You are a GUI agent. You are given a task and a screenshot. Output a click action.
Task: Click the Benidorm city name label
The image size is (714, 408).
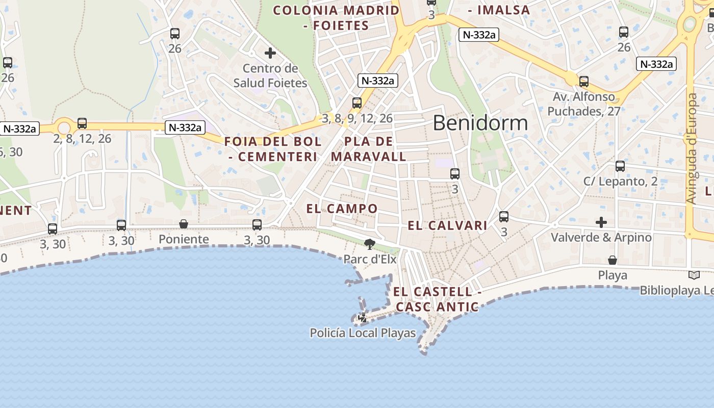(x=480, y=123)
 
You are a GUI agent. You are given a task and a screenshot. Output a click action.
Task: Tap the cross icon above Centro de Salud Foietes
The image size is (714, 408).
(x=270, y=53)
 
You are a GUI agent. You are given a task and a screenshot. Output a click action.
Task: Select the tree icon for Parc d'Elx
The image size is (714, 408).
(x=370, y=244)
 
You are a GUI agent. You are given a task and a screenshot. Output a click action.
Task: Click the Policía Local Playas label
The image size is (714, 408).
(x=363, y=333)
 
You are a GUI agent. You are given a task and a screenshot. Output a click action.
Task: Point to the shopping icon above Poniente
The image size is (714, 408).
(x=184, y=224)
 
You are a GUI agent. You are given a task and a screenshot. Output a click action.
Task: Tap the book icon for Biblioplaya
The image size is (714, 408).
(x=694, y=275)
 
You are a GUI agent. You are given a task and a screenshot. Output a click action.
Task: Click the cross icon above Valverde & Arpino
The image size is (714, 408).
(x=601, y=222)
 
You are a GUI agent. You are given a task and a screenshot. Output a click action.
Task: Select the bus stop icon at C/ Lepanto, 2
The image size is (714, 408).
(x=620, y=166)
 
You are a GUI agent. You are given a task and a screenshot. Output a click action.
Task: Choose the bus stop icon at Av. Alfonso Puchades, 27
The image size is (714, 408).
(x=584, y=82)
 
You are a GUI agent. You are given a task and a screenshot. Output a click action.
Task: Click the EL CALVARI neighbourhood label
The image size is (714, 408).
(x=447, y=225)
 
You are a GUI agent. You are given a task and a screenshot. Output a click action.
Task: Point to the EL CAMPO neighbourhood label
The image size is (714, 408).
(x=342, y=209)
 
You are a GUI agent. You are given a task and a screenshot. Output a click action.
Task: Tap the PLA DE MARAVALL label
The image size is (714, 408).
(x=369, y=149)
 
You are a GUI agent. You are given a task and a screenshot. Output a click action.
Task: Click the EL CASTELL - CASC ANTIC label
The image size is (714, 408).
(x=437, y=299)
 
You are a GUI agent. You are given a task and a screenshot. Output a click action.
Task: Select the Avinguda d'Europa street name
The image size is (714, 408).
(x=692, y=148)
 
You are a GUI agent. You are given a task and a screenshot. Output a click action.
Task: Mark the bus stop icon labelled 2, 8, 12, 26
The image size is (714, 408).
(x=82, y=123)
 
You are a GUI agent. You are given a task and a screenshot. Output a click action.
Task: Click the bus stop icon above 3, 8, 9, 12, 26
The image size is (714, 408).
(x=357, y=103)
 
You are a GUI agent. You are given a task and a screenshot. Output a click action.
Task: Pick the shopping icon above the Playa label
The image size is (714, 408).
(x=613, y=261)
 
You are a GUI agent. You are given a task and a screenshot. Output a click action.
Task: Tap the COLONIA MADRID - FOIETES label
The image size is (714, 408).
(x=337, y=17)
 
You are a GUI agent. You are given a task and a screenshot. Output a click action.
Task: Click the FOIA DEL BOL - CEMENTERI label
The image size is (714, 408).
(x=273, y=149)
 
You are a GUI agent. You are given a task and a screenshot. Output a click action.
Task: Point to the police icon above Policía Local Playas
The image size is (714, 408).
(x=363, y=318)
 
